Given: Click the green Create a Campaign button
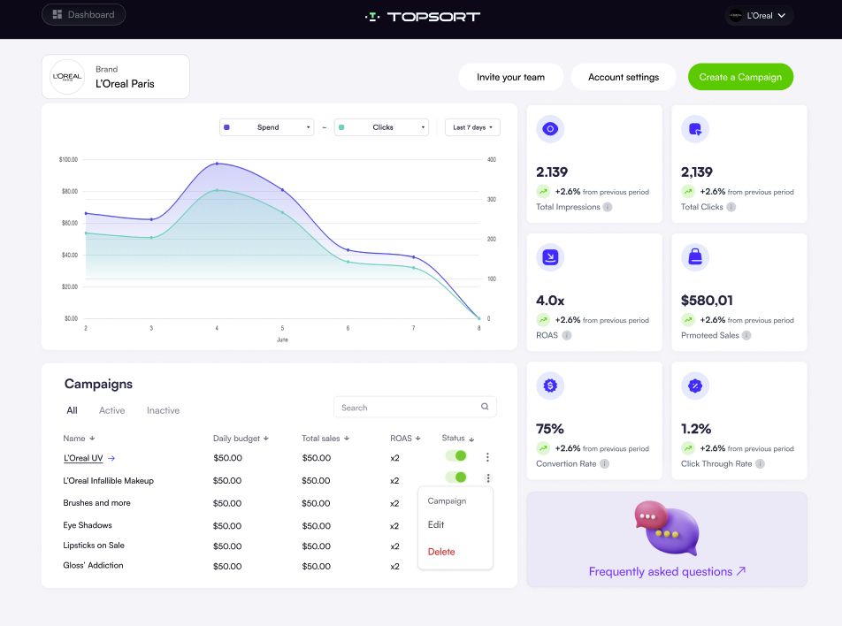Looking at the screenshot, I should (x=740, y=77).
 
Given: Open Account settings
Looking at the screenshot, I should (x=623, y=77).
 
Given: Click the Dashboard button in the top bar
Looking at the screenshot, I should (x=83, y=14).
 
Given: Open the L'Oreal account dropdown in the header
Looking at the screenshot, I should (x=760, y=15).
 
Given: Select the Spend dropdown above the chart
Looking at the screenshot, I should (x=267, y=127).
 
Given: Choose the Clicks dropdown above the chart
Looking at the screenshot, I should (x=381, y=127).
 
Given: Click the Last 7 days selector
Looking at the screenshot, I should (x=472, y=127).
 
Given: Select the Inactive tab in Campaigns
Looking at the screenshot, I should (x=163, y=410).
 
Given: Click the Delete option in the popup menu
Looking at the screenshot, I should (x=441, y=552).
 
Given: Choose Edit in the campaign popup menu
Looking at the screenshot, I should (x=436, y=524).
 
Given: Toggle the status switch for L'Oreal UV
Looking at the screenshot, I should (x=455, y=455).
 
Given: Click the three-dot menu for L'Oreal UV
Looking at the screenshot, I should (x=487, y=457).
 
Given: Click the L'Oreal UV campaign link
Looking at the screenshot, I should (x=83, y=458).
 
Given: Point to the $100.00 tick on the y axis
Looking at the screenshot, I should (x=68, y=160).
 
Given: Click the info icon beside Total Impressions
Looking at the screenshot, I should (x=608, y=207).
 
